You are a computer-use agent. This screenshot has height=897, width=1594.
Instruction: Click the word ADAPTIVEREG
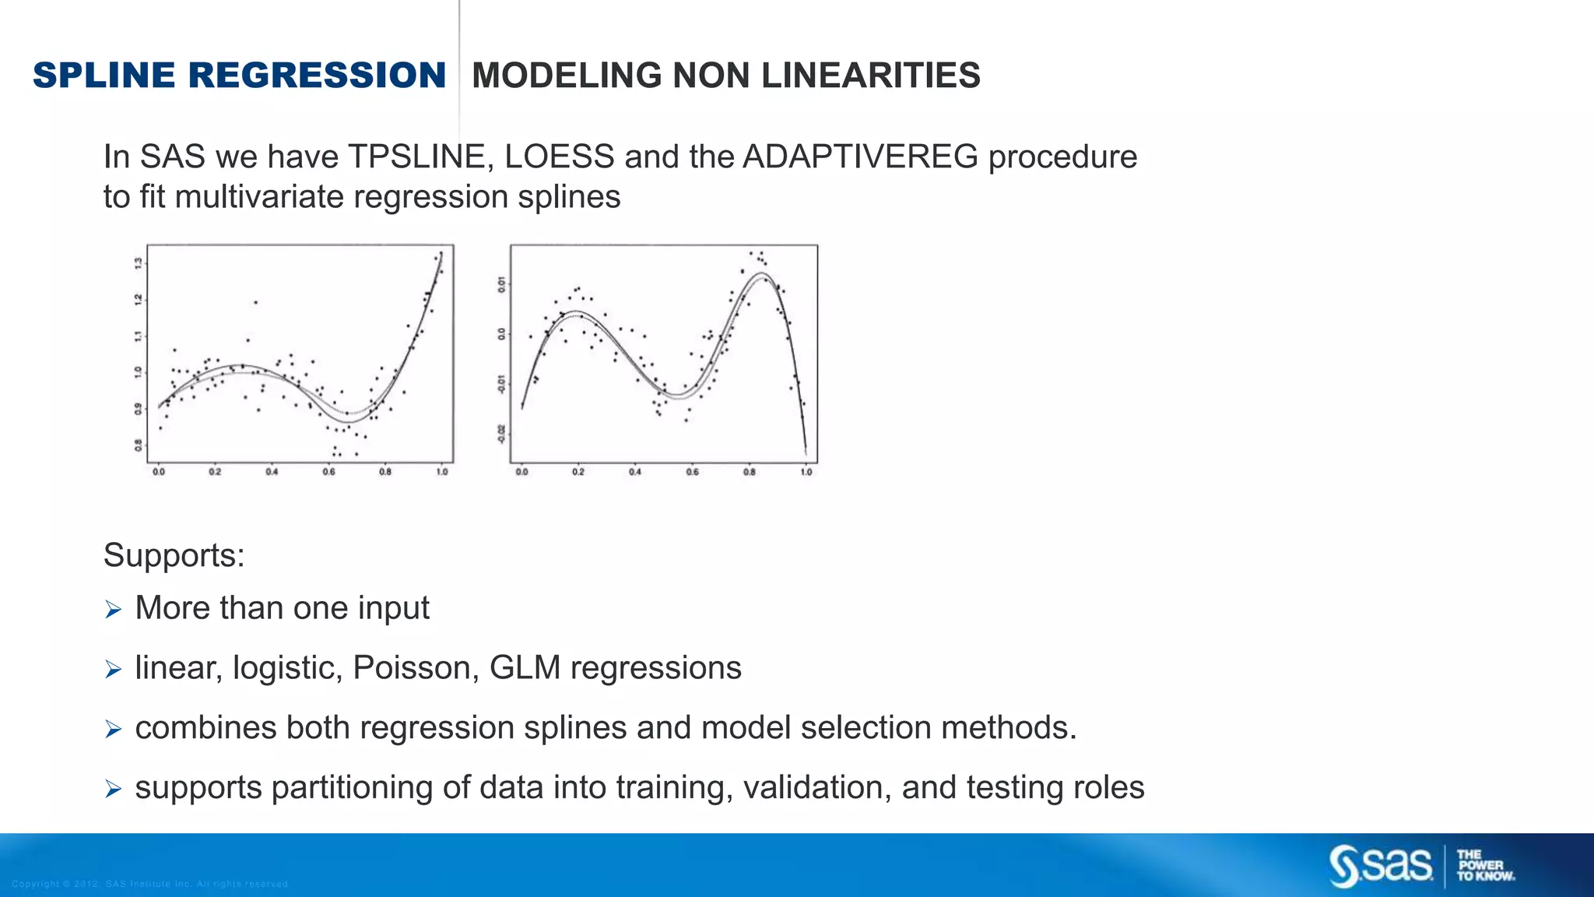click(860, 157)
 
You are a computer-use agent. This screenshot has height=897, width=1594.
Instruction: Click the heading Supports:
click(174, 555)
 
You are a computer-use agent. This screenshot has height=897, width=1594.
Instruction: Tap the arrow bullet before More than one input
click(114, 610)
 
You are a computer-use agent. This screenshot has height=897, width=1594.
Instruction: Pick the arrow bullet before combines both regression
click(114, 730)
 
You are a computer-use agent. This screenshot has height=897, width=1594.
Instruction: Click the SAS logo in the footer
click(1380, 866)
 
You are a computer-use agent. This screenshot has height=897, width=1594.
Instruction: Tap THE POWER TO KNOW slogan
click(1484, 866)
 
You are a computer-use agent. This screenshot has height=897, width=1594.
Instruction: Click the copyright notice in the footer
click(151, 884)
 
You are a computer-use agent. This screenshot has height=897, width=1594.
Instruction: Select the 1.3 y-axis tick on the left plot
click(139, 263)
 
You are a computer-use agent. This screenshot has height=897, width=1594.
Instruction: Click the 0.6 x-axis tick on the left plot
click(328, 472)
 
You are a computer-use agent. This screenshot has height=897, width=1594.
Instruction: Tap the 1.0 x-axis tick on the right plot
click(806, 472)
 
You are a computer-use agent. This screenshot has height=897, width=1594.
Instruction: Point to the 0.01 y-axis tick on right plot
click(502, 284)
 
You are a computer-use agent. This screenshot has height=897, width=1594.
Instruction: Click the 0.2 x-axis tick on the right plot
click(578, 472)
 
